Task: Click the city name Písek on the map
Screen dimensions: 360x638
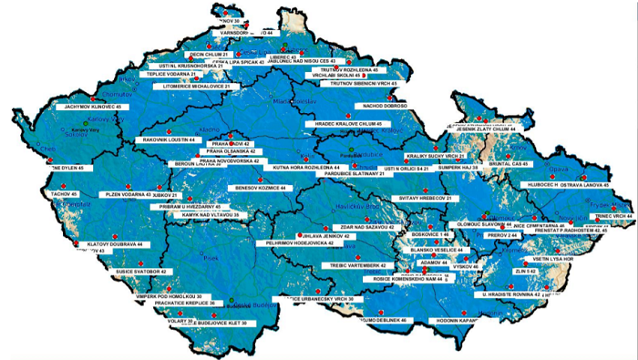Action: point(214,259)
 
